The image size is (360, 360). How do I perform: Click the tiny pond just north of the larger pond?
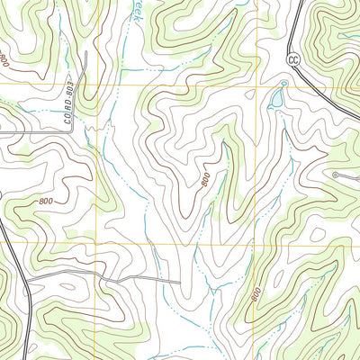283,84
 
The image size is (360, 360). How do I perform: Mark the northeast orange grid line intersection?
257,85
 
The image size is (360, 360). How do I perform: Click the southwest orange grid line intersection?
94,245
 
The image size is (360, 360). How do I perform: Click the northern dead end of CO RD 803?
85,51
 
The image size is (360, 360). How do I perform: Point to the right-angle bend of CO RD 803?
74,132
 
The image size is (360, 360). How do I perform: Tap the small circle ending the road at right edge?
334,174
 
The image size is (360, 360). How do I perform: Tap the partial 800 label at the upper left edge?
4,60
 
